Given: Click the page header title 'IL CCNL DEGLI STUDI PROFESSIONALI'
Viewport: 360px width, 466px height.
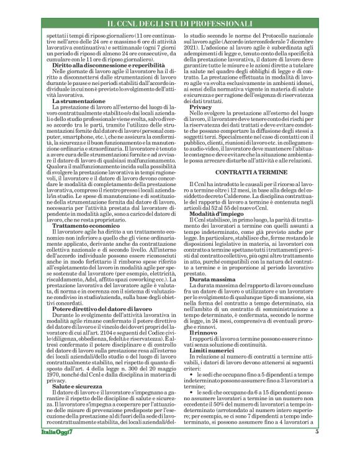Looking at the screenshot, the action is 180,24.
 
